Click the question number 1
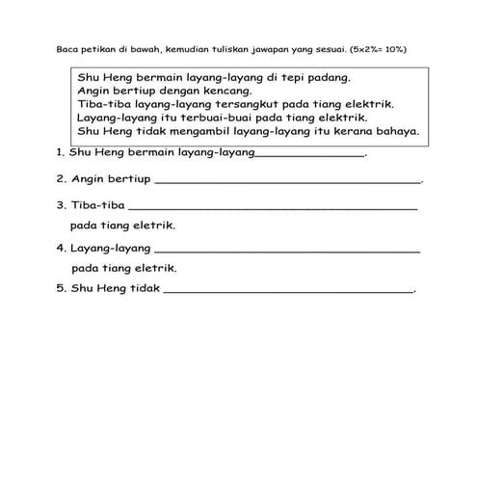tap(60, 152)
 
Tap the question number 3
tap(61, 204)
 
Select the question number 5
tap(61, 287)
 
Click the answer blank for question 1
tap(309, 154)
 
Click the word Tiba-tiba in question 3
tap(97, 204)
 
